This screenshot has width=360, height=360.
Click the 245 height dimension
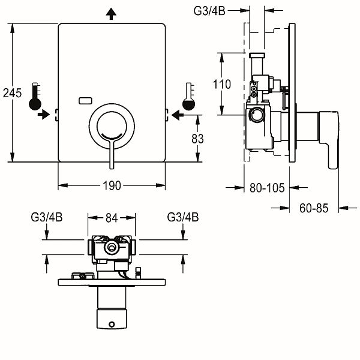[x=12, y=93]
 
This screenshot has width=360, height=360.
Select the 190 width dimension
[x=112, y=185]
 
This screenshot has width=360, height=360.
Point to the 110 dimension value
[x=221, y=85]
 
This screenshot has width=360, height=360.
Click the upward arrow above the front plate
[x=112, y=13]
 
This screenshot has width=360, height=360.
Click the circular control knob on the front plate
[x=112, y=124]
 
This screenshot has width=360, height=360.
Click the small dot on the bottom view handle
[x=112, y=325]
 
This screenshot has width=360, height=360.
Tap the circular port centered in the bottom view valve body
[x=111, y=248]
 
